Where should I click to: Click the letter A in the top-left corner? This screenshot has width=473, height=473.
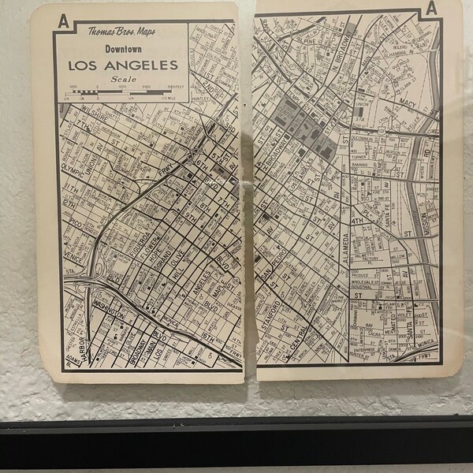[x=61, y=21]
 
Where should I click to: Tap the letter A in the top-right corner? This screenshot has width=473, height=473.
[x=431, y=9]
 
